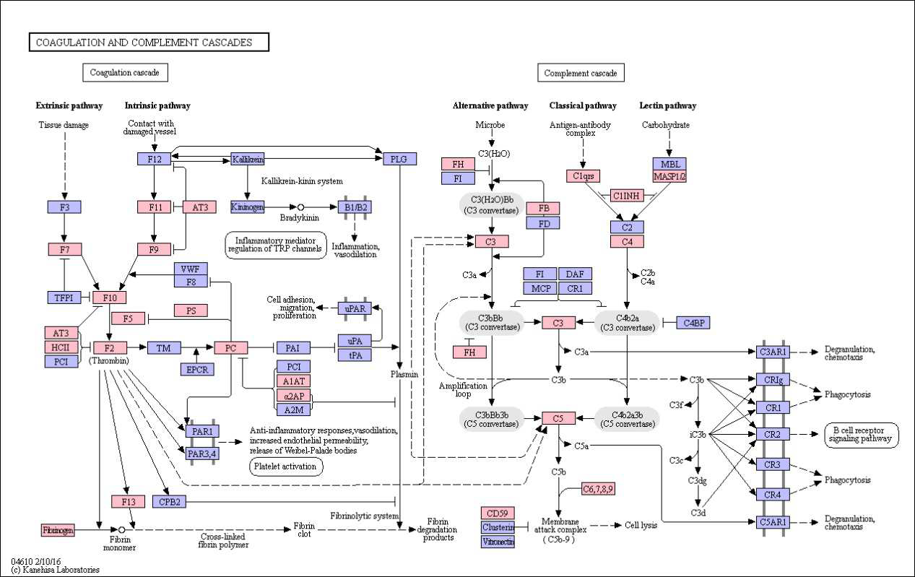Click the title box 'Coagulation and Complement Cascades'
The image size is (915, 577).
click(149, 43)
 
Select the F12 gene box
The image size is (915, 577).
click(154, 159)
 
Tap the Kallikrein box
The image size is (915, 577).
click(247, 159)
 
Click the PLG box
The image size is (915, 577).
click(399, 159)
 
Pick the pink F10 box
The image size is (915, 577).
click(110, 298)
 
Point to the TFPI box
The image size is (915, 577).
click(64, 298)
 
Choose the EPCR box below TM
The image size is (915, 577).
click(197, 370)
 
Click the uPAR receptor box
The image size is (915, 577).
click(355, 308)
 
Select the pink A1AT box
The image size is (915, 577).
click(293, 381)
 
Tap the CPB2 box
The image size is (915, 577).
click(170, 501)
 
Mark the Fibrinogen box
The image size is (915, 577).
click(58, 531)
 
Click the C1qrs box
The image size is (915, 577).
click(583, 175)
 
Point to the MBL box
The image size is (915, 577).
click(669, 163)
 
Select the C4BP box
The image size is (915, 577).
click(693, 323)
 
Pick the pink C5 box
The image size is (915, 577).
click(558, 417)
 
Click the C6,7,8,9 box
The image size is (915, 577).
click(598, 490)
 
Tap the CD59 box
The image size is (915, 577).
click(498, 513)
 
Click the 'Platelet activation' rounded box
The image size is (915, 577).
click(286, 467)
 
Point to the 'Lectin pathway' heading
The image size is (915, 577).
click(667, 106)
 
